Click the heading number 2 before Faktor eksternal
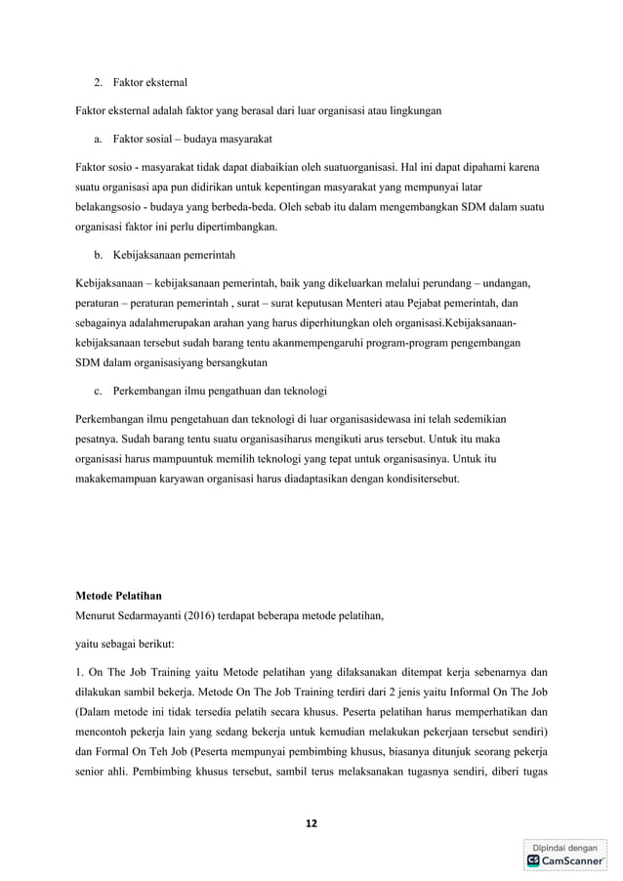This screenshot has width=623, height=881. point(98,80)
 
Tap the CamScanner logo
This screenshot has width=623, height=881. point(563,860)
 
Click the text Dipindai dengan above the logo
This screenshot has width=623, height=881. point(564,846)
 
